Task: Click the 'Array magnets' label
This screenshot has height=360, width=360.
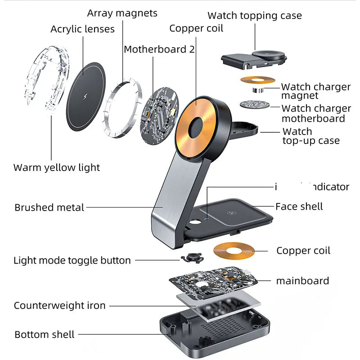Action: click(122, 13)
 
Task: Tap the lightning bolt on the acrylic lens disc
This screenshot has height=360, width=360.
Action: click(86, 97)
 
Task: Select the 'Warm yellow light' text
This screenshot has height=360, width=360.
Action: click(57, 168)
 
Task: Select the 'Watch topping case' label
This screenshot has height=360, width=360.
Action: click(254, 16)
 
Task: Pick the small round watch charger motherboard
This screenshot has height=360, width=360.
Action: click(254, 104)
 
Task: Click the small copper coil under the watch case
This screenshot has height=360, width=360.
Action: click(257, 80)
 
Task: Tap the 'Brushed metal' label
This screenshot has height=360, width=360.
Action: click(49, 207)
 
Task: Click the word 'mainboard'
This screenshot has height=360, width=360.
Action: click(302, 281)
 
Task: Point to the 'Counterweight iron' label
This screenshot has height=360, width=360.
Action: click(59, 306)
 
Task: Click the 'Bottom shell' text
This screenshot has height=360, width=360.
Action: click(45, 334)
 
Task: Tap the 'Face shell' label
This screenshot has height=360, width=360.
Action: click(299, 207)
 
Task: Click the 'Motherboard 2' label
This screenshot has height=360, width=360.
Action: click(159, 49)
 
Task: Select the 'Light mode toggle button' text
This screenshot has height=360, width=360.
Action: click(72, 260)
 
